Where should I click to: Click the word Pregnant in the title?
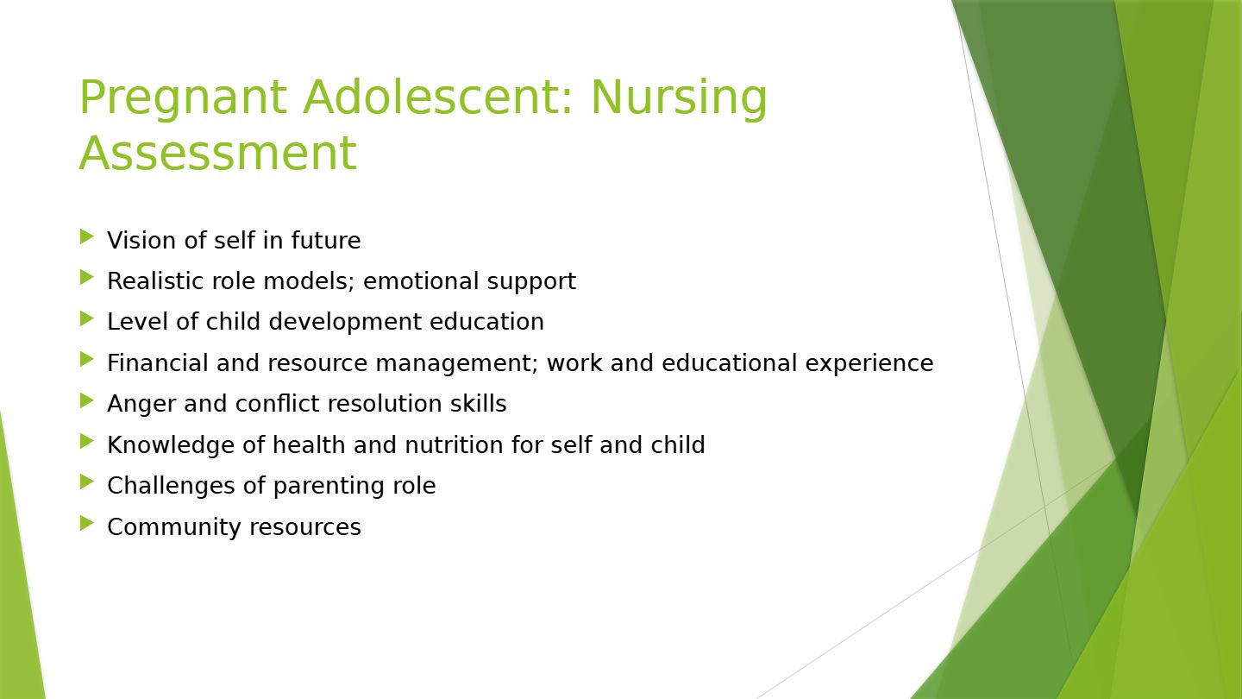[x=184, y=98]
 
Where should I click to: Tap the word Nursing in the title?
[x=679, y=98]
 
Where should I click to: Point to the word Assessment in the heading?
[x=218, y=153]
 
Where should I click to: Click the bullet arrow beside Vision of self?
[x=87, y=236]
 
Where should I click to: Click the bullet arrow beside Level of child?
[x=87, y=319]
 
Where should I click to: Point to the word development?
[x=345, y=323]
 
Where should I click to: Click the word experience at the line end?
[x=869, y=364]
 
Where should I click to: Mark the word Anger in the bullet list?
[x=141, y=404]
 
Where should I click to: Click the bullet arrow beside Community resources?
[x=87, y=523]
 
